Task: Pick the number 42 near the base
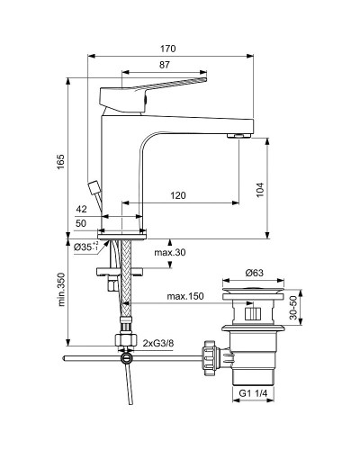point(108,209)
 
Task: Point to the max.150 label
point(184,296)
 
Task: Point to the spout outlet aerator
point(239,135)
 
